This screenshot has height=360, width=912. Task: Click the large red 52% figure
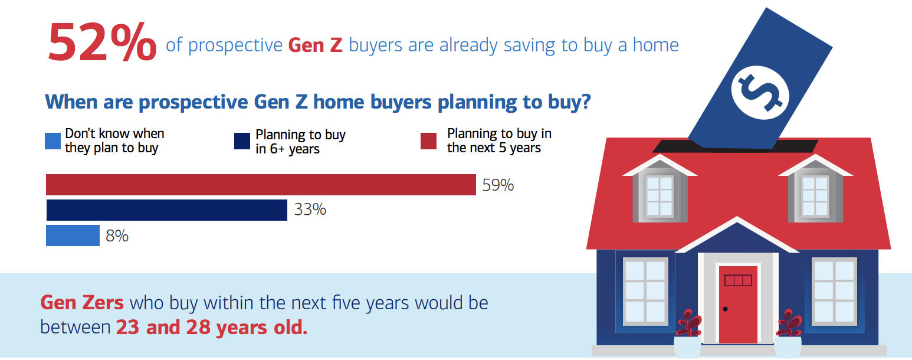click(102, 42)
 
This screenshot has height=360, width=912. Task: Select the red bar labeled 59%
click(261, 185)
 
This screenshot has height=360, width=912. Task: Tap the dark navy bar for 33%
click(167, 210)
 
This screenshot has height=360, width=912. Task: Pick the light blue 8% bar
click(73, 235)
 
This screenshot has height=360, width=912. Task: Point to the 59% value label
click(498, 185)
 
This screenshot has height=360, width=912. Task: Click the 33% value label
click(310, 210)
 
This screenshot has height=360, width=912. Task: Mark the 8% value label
click(117, 236)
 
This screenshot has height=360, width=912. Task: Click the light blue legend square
click(53, 141)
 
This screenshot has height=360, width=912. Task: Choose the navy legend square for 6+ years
click(242, 141)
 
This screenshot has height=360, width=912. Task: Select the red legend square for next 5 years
click(428, 141)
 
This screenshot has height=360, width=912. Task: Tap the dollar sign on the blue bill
click(760, 93)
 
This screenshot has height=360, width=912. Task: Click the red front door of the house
click(738, 305)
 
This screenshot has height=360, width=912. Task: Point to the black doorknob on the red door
click(725, 309)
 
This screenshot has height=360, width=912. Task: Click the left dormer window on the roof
click(660, 195)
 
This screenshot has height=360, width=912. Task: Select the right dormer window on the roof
click(815, 195)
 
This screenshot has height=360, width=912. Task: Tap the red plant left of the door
click(688, 323)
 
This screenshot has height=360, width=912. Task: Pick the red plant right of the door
click(789, 323)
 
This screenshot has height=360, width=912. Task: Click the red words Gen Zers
click(82, 303)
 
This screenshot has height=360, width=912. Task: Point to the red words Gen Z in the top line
click(316, 45)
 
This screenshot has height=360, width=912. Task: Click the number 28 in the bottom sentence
click(199, 328)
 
